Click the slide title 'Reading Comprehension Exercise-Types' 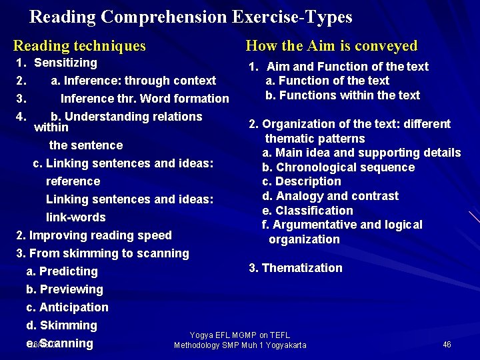(x=191, y=16)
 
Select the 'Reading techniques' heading (x=79, y=46)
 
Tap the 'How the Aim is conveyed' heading (x=331, y=46)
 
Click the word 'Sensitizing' (x=65, y=63)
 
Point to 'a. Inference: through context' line (x=133, y=81)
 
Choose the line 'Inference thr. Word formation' (x=145, y=99)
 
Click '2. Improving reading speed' (x=94, y=235)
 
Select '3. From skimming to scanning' (x=103, y=253)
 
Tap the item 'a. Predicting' (x=62, y=271)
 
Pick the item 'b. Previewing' (x=65, y=289)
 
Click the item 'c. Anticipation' (x=67, y=307)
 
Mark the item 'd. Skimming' (x=62, y=325)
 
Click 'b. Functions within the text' (x=343, y=95)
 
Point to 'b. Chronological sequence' (x=338, y=167)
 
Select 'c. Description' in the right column (x=301, y=181)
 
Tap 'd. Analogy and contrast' (x=330, y=196)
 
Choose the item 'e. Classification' (x=307, y=211)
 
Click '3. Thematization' (x=295, y=268)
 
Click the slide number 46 (x=447, y=345)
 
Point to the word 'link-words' (x=76, y=217)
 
